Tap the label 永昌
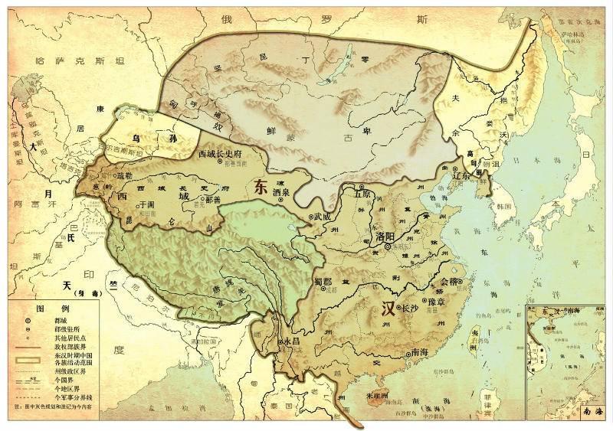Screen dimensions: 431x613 tap(291, 341)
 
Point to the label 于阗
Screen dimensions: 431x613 tap(148, 206)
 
